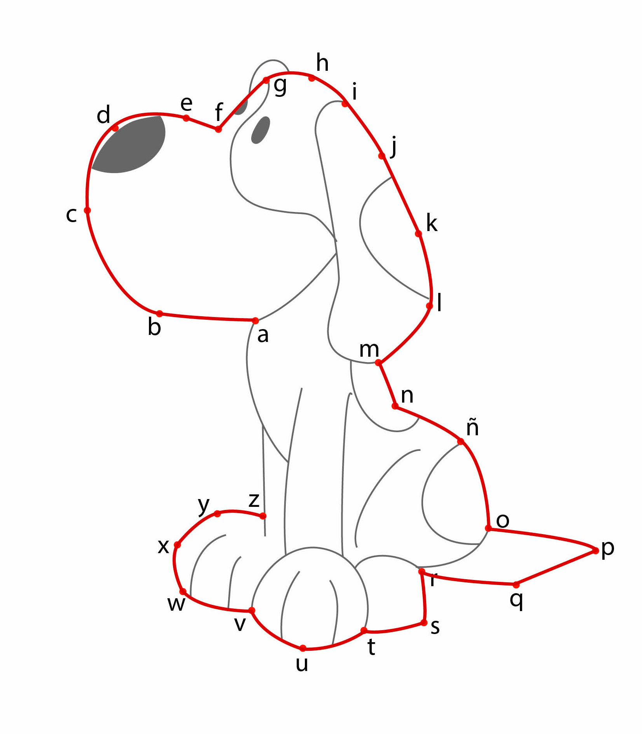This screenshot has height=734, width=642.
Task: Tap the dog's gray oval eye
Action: tap(261, 130)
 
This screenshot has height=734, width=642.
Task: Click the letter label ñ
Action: tap(472, 427)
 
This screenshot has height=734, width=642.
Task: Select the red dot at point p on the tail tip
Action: tap(595, 550)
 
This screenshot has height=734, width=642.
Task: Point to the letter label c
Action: tap(71, 215)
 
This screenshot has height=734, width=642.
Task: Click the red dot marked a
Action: tap(255, 321)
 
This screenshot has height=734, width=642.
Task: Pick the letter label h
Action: tap(322, 63)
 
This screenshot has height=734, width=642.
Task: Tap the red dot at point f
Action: tap(219, 129)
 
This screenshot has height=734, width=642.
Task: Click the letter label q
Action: tap(516, 601)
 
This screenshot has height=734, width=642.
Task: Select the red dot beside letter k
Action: tap(418, 234)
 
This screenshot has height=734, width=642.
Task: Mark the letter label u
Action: tap(302, 664)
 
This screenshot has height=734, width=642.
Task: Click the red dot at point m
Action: tap(378, 363)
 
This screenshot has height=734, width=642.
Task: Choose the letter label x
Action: tap(163, 546)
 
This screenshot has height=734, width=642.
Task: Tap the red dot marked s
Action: tap(424, 623)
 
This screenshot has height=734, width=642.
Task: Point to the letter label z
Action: tap(254, 500)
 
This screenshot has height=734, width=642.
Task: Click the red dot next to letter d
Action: tap(115, 128)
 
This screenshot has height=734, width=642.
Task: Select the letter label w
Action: tap(176, 604)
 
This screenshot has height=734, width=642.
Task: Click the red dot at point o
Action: tap(488, 528)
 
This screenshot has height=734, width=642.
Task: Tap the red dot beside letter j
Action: tap(382, 156)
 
